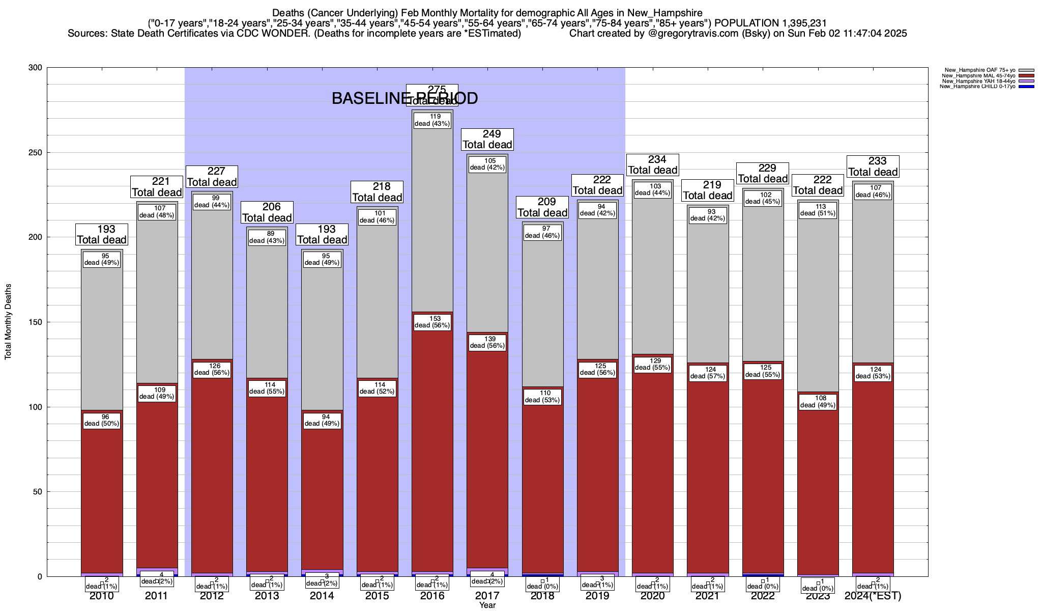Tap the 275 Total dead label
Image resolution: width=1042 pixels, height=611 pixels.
[x=432, y=95]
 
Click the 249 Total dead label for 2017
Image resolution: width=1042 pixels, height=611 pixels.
[x=487, y=140]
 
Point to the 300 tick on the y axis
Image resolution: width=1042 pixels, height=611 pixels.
[x=36, y=68]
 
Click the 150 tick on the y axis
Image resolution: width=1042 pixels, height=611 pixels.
[x=36, y=322]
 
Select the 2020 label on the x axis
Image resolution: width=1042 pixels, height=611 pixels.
[x=653, y=596]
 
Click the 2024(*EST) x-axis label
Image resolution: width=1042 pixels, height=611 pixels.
[x=873, y=596]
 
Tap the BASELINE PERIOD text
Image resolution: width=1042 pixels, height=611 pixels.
[x=404, y=99]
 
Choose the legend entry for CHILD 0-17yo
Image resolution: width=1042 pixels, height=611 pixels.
[x=979, y=87]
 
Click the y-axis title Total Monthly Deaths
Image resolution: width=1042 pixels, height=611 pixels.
[x=8, y=321]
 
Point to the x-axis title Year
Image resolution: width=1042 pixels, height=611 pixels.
[x=487, y=605]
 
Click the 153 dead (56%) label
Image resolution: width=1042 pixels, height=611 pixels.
[x=432, y=322]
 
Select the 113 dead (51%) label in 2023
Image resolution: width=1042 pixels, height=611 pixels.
[x=818, y=210]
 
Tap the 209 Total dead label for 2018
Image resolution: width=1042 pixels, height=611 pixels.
[x=542, y=207]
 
